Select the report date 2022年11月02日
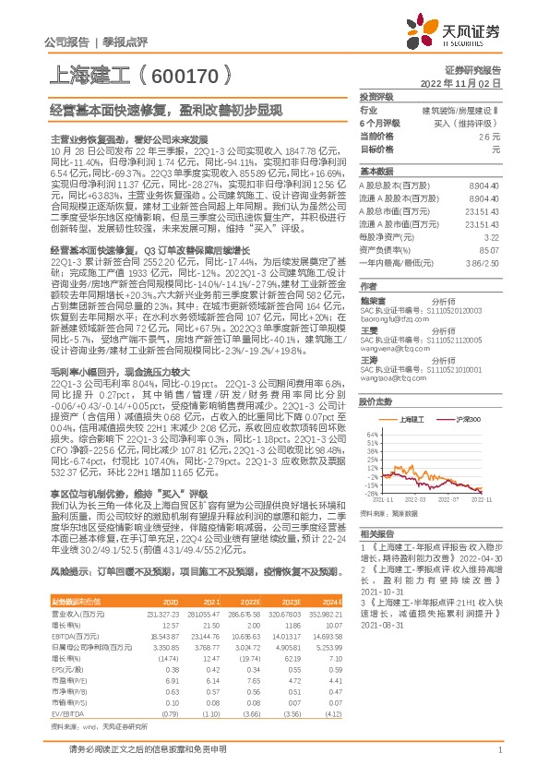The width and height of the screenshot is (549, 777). click(462, 83)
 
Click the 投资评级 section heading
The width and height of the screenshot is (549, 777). click(376, 97)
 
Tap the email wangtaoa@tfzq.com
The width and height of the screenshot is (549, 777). click(390, 377)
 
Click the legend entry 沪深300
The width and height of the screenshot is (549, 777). click(469, 419)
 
